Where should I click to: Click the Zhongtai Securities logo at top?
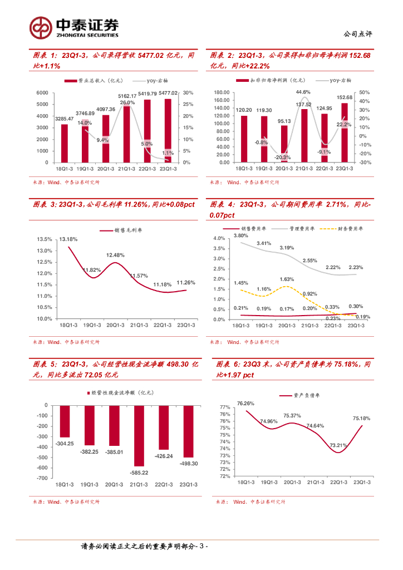coord(75,26)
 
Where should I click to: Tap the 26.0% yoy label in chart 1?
coord(127,103)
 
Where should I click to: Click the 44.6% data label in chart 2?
coord(303,92)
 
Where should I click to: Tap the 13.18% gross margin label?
coord(68,239)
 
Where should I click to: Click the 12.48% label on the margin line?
coord(115,255)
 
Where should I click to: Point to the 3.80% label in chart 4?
coord(240,235)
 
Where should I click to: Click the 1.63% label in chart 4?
coord(287,279)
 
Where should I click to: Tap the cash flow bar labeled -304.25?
coord(65,421)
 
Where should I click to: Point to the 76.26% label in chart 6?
coord(245,403)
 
